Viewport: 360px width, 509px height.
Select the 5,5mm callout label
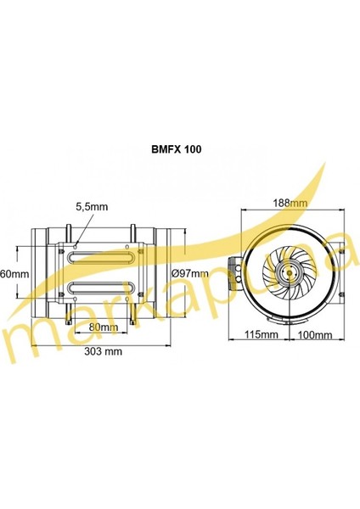coord(90,206)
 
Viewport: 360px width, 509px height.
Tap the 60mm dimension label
coord(15,274)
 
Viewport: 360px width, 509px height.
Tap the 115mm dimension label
coord(263,335)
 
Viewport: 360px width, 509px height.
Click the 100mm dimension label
coord(316,335)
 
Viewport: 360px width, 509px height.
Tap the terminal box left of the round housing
coord(235,271)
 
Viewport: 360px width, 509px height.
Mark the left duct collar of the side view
coord(39,273)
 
